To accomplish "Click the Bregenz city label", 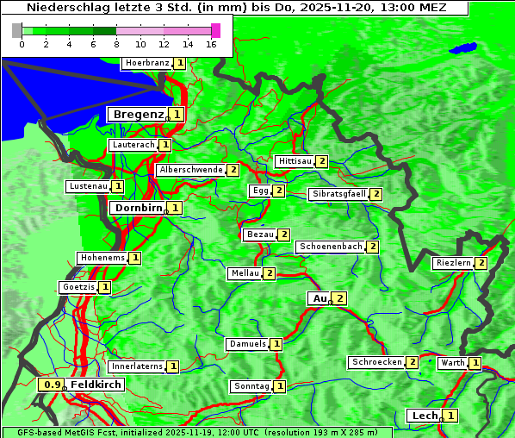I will pos(137,114).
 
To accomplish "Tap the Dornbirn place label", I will pos(138,208).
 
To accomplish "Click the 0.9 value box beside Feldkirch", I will pos(53,385).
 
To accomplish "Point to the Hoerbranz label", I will pos(146,63).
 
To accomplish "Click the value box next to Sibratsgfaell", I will pos(375,194).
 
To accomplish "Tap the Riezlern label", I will pos(454,263).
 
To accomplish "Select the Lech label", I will pos(425,416).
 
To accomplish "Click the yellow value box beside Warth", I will pos(475,363).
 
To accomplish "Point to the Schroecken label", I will pos(377,362).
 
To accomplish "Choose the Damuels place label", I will pos(247,344).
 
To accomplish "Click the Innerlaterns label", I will pos(137,366).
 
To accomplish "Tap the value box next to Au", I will pos(340,298).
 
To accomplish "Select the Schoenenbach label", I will pos(331,247).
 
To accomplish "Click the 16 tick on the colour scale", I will pos(212,44).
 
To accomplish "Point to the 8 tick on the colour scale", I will pos(116,44).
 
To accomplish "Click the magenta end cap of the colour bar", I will pos(215,30).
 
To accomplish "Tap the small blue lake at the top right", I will pos(465,48).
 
